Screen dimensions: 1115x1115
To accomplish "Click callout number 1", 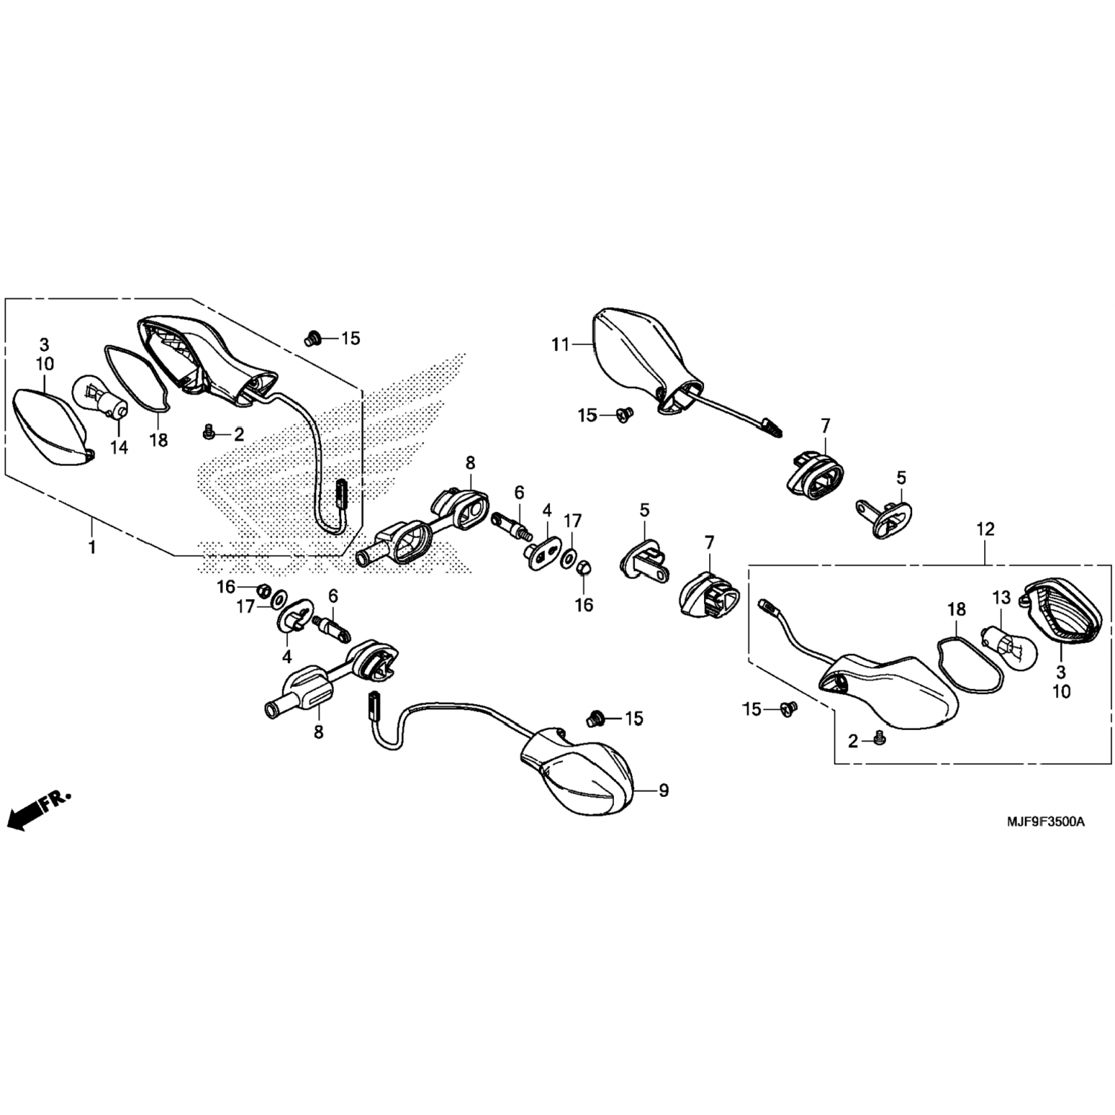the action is click(x=92, y=547).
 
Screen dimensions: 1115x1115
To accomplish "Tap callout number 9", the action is click(x=664, y=790).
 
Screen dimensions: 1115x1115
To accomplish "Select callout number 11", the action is click(x=560, y=344).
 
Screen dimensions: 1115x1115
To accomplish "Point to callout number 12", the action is click(x=985, y=529).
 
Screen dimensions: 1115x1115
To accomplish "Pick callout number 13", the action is click(x=1002, y=598).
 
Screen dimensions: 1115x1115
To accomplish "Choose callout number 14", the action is click(x=119, y=447).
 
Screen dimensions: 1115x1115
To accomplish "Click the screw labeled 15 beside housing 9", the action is click(x=595, y=718).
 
